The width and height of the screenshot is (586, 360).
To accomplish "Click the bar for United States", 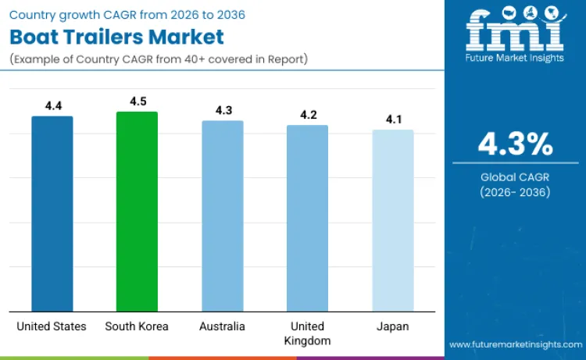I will tap(52, 214).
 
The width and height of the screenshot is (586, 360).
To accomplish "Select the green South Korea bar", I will tap(137, 212).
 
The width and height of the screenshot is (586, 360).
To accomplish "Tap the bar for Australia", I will tap(223, 216).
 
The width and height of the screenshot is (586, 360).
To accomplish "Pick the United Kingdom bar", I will tap(307, 219).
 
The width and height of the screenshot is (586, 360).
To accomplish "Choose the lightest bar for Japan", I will tap(392, 221).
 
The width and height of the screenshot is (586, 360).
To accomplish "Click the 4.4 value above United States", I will tap(53, 105).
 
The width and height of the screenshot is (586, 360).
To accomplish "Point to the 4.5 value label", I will tap(138, 101).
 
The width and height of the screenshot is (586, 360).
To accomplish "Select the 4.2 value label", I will tap(308, 115).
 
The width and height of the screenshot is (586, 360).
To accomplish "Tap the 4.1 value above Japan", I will tap(393, 119).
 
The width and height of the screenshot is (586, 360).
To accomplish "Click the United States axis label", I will tap(52, 326).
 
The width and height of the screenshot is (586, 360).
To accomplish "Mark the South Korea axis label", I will tap(137, 326).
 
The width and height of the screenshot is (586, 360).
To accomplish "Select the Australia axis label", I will tap(223, 326).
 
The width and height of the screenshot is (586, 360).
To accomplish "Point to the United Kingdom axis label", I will tap(307, 333).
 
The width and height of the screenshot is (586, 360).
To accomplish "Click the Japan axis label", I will tap(392, 326).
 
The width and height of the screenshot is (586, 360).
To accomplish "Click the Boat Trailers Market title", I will tap(116, 37).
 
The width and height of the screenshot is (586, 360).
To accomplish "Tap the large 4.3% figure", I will tap(515, 144).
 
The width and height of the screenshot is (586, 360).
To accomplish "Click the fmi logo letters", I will tap(515, 30).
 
